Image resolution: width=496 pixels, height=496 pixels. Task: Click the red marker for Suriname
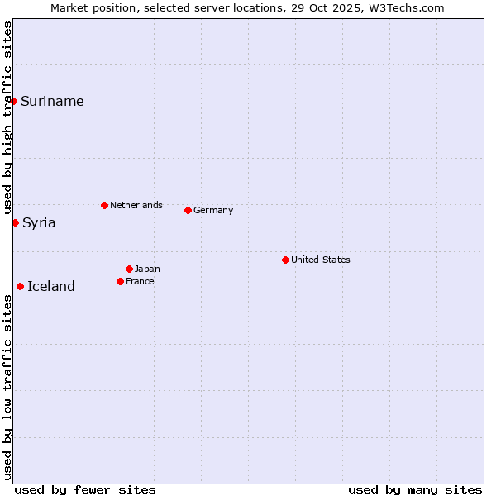(x=14, y=101)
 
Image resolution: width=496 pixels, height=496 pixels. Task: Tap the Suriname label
(x=52, y=102)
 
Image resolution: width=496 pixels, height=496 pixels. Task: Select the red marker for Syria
(x=15, y=222)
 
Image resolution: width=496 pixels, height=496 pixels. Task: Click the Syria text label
(x=39, y=222)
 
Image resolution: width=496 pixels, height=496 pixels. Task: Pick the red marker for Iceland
(x=20, y=286)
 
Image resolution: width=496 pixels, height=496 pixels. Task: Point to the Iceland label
(x=50, y=287)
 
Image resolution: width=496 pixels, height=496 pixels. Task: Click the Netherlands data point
(x=104, y=205)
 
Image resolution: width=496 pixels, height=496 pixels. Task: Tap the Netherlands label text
(x=136, y=205)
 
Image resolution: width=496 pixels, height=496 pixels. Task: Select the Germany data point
(x=188, y=210)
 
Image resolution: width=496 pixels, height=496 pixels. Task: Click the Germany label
(x=213, y=210)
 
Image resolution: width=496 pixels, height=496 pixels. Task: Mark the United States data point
(x=285, y=260)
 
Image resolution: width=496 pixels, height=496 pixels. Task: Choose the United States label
(x=320, y=260)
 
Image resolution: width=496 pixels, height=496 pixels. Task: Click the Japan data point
(x=129, y=269)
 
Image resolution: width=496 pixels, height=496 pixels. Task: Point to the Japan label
(x=147, y=269)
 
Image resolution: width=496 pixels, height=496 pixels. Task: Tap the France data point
(x=120, y=281)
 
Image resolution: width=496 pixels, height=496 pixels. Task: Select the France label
(x=140, y=281)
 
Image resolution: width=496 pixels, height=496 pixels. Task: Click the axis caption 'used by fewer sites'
(x=85, y=489)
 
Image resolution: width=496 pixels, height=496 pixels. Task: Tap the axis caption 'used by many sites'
(x=415, y=489)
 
